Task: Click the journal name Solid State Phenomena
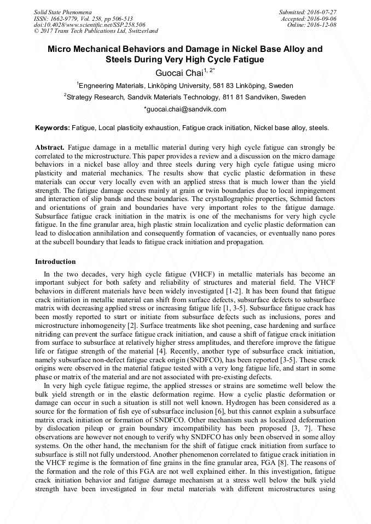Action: [62, 11]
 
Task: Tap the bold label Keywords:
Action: [53, 128]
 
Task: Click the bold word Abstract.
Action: [50, 148]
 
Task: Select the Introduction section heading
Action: [55, 262]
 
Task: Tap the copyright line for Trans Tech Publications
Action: [96, 31]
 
